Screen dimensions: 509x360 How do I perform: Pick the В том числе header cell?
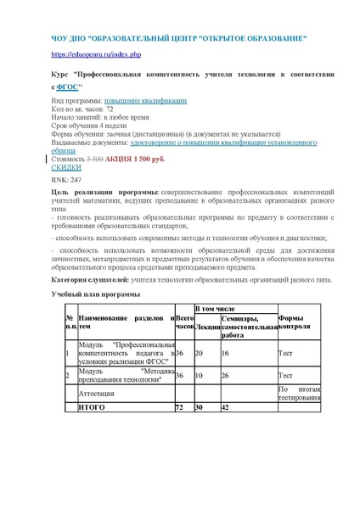click(x=216, y=310)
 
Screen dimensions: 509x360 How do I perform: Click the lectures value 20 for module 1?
click(x=200, y=353)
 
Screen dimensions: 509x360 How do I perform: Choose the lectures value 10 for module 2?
click(x=200, y=375)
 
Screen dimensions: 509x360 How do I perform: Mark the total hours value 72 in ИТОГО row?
click(x=179, y=408)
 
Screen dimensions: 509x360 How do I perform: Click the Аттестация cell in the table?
click(x=98, y=394)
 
